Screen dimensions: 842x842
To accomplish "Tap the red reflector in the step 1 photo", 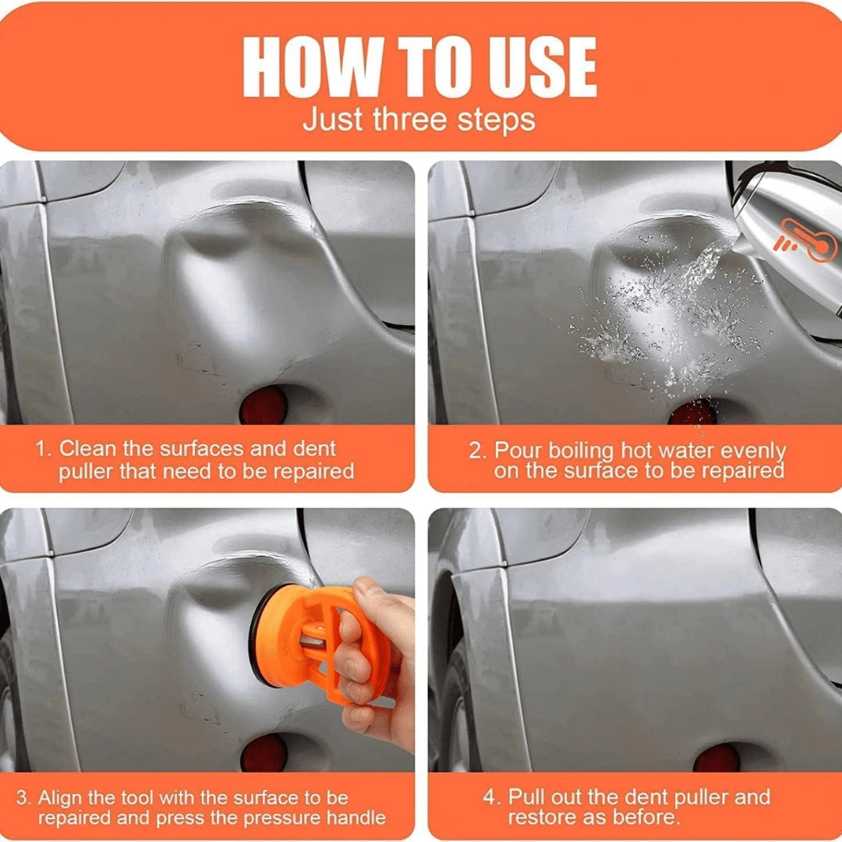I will pyautogui.click(x=264, y=406).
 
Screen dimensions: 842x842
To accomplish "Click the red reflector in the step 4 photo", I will pyautogui.click(x=716, y=757).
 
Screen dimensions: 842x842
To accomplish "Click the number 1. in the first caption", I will pyautogui.click(x=44, y=450).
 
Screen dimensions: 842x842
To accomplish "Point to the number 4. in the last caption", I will pyautogui.click(x=491, y=798).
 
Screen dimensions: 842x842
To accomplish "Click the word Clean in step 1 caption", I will pyautogui.click(x=86, y=450).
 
